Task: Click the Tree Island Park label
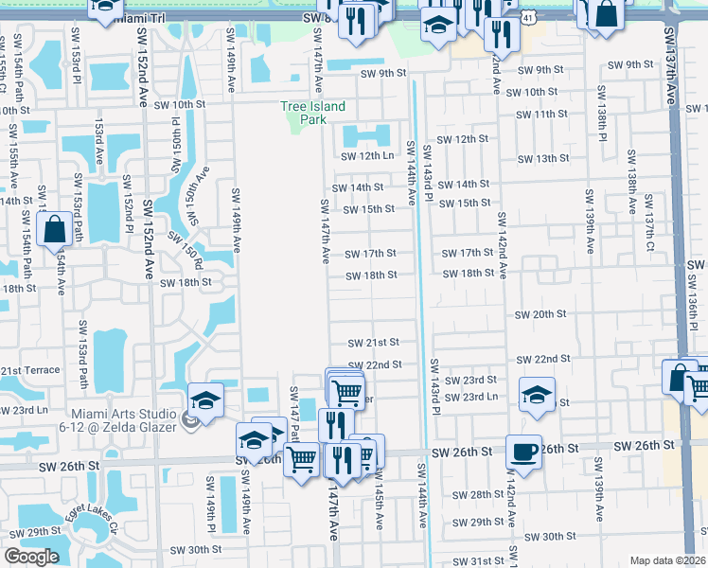312,113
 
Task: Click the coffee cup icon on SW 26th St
523,451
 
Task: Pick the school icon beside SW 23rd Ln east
537,394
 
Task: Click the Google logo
30,557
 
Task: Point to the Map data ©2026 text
668,560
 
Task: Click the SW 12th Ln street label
367,156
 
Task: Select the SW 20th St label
540,313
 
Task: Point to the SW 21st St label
373,343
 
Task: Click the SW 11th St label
540,115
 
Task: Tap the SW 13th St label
558,158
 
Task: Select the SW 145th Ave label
378,507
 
